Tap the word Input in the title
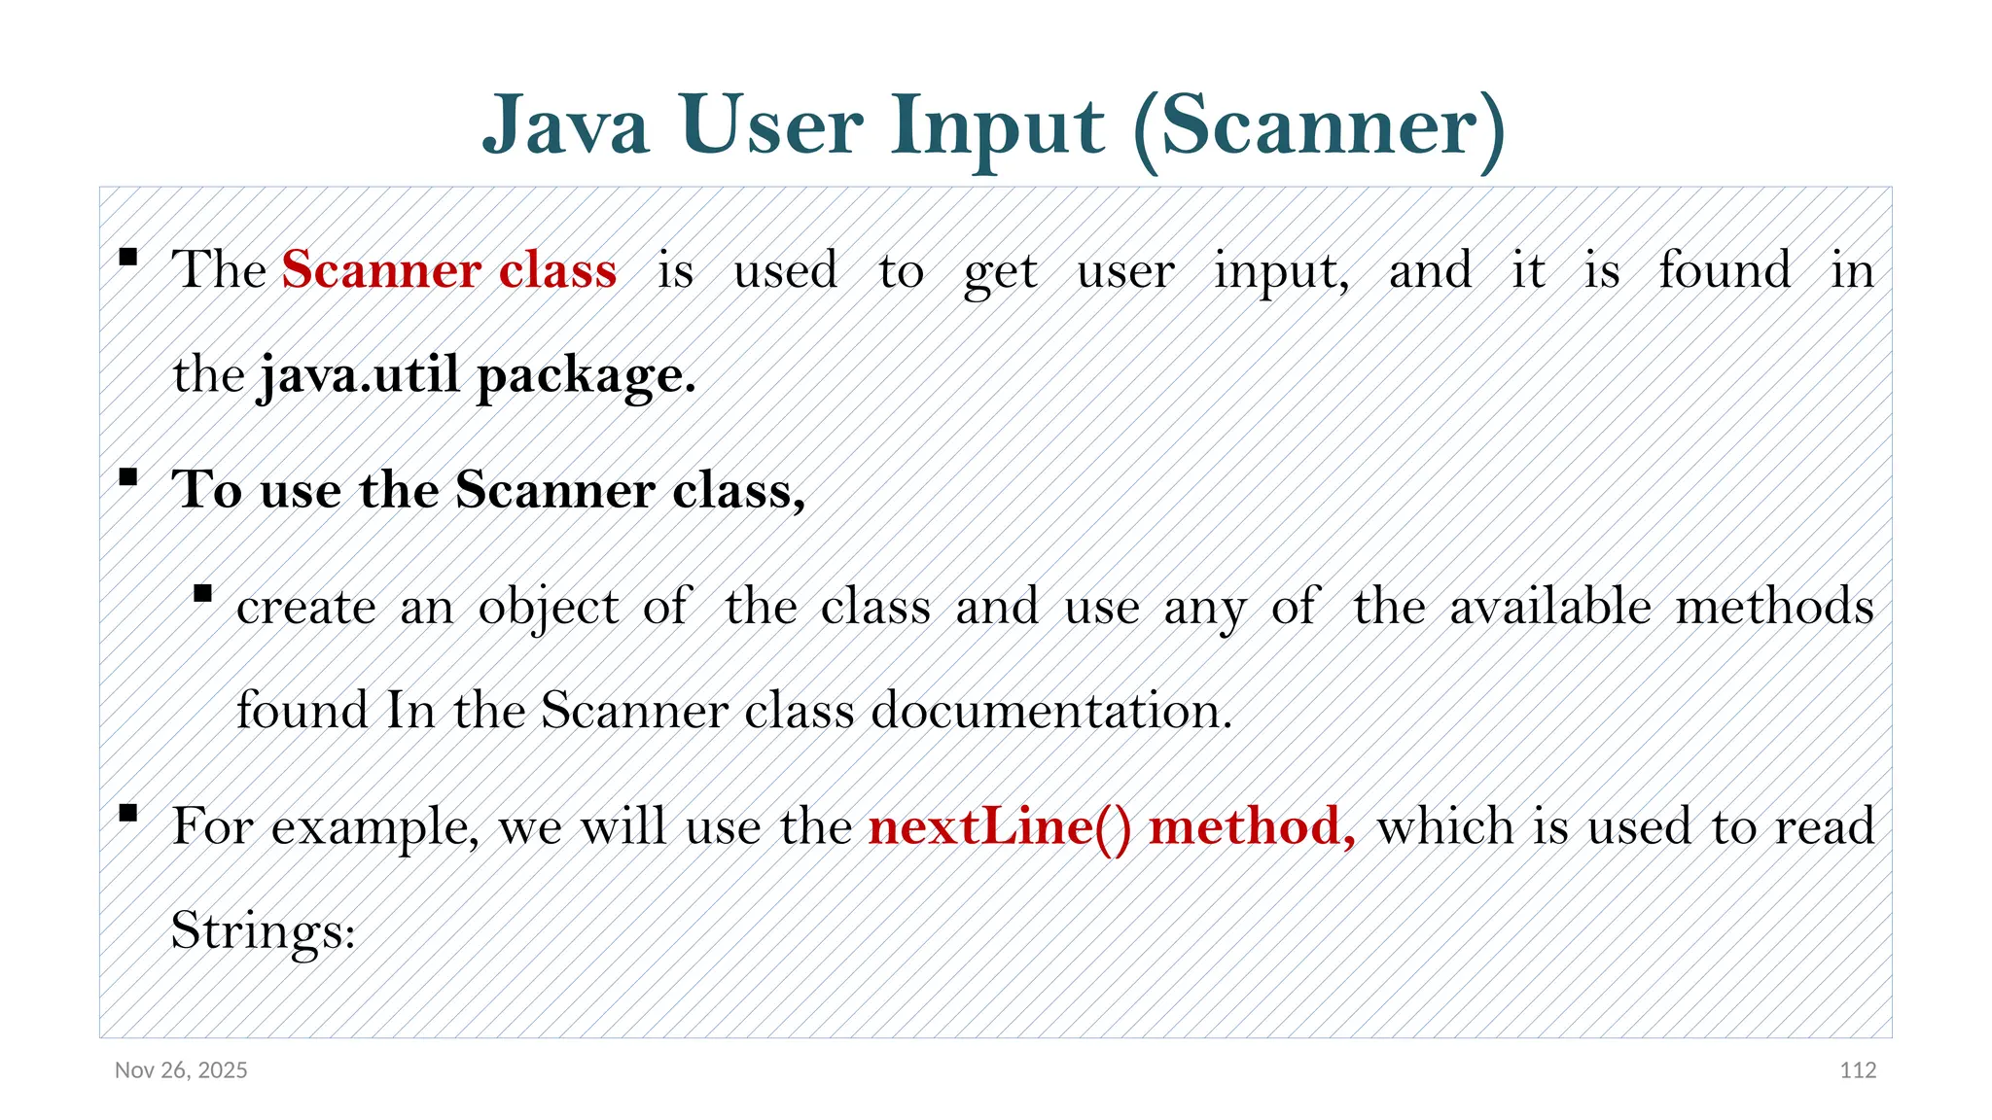click(998, 126)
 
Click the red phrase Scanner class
click(449, 269)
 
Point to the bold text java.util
click(358, 374)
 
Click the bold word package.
click(587, 376)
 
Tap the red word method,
click(1253, 826)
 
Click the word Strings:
click(264, 930)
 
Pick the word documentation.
click(1051, 710)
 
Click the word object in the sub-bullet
click(549, 608)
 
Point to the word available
click(1550, 607)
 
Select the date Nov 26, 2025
click(181, 1070)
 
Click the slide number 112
click(1858, 1070)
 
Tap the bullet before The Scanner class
click(128, 258)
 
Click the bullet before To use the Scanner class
click(128, 477)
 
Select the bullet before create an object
click(202, 594)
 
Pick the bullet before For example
click(128, 814)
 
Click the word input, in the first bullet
click(1281, 271)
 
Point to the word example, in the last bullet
click(374, 828)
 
